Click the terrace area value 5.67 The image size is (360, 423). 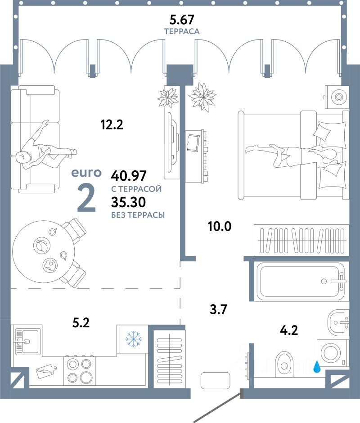coord(182,20)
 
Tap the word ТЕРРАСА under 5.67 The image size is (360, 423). coord(182,31)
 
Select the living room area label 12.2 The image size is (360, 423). coord(112,125)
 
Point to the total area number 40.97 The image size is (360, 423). coord(129,176)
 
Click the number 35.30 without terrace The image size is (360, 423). coord(129,202)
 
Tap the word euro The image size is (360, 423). coord(86,173)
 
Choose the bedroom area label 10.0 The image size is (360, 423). coord(220,226)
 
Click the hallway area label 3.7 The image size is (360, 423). coord(219,309)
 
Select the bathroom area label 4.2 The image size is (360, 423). coord(289,330)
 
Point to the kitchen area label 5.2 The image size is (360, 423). coord(81,322)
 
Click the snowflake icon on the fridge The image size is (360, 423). coord(134,339)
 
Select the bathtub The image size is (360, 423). coord(301,281)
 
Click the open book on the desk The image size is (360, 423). coord(193,142)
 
